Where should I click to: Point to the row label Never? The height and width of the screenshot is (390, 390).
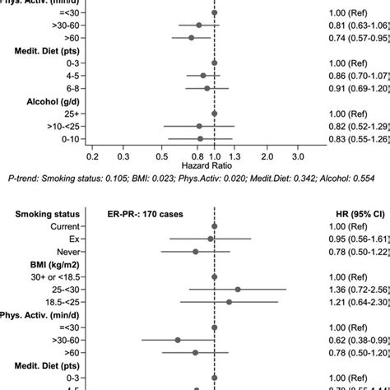(66, 252)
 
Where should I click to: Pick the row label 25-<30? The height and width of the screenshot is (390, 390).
(62, 290)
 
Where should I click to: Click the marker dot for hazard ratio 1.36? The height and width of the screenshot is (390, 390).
(238, 290)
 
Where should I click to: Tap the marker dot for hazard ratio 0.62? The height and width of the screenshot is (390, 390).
(178, 340)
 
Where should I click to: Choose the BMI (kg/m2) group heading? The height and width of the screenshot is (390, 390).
(40, 264)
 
